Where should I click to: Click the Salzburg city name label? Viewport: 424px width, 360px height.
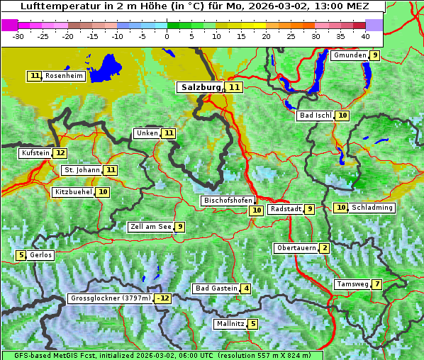[201, 87]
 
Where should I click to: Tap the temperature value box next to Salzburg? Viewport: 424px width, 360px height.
[235, 87]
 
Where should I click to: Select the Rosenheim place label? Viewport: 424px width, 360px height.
[64, 76]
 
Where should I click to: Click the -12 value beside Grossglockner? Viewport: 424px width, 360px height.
[163, 298]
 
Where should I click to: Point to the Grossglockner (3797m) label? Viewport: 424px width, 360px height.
[111, 298]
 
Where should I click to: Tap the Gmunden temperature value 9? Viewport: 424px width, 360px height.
[374, 55]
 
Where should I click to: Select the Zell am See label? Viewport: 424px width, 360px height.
[150, 227]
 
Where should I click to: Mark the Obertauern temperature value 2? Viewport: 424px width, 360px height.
[324, 248]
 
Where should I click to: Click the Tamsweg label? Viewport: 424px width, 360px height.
[352, 284]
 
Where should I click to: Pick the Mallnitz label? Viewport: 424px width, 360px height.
[230, 324]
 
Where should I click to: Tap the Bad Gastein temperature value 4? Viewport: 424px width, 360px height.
[245, 288]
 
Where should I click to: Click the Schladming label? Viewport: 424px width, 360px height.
[372, 208]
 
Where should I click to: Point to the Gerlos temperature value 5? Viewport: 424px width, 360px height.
[21, 255]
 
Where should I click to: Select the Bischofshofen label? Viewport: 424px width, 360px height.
[228, 201]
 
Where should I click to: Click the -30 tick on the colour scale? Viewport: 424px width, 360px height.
[18, 35]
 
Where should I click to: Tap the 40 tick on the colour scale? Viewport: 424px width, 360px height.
[365, 35]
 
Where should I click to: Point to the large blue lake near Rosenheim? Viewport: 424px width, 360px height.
[108, 67]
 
